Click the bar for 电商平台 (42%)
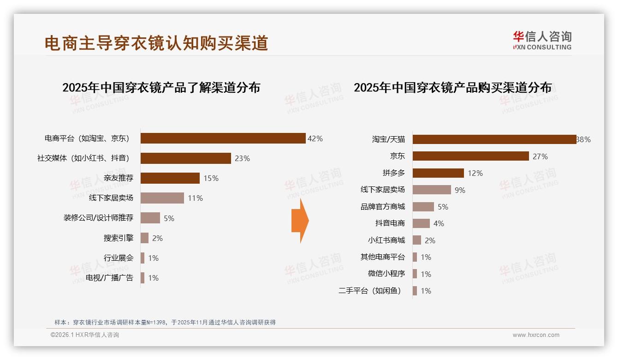click(x=223, y=138)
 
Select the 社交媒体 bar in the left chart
click(x=185, y=158)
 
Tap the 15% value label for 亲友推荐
click(x=211, y=178)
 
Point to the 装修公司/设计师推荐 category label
click(x=98, y=218)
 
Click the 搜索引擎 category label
click(x=118, y=238)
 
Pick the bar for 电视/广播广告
click(x=143, y=278)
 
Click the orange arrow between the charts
click(x=300, y=221)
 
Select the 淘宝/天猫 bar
click(x=494, y=139)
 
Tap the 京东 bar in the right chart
click(x=470, y=156)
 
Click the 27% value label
click(x=540, y=157)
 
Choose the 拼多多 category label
click(x=393, y=173)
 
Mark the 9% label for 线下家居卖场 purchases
click(x=460, y=190)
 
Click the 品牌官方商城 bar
click(x=423, y=207)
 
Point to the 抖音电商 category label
click(x=390, y=223)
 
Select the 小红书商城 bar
click(x=416, y=240)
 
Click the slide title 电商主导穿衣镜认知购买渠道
click(x=156, y=43)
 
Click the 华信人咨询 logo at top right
click(x=542, y=40)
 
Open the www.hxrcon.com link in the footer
click(x=536, y=335)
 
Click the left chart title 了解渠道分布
click(x=161, y=87)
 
